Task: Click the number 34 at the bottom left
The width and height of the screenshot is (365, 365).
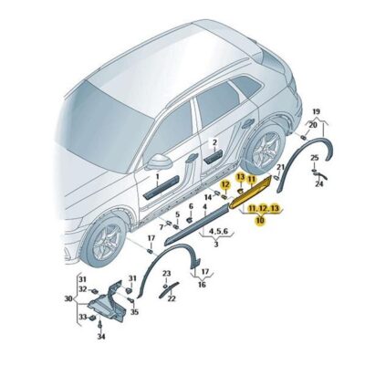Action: click(101, 337)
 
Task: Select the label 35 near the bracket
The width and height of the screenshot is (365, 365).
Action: click(135, 312)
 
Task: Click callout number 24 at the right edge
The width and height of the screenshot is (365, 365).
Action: click(319, 185)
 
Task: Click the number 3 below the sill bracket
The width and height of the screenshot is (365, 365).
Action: click(215, 245)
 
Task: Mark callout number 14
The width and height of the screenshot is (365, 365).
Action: click(209, 196)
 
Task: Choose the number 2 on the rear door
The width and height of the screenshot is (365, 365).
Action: click(214, 144)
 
